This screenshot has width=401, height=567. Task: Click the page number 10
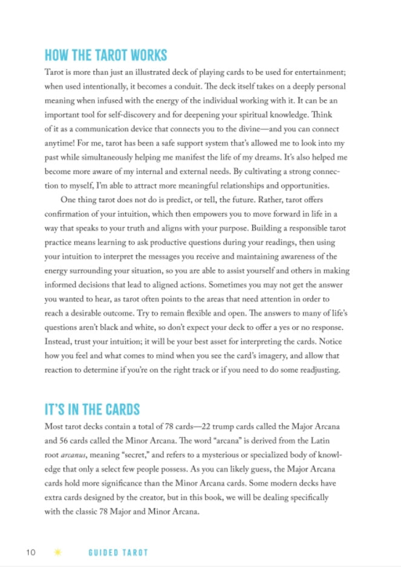click(x=31, y=552)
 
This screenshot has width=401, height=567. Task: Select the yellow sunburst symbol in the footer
click(x=58, y=552)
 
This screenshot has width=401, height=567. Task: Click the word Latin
click(x=318, y=441)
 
